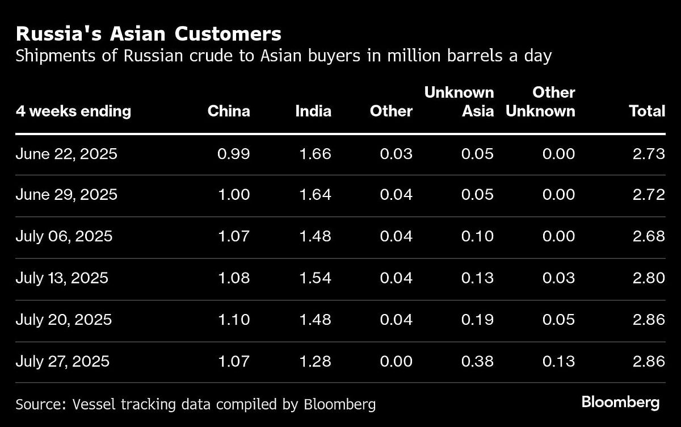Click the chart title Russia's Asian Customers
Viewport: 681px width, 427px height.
point(149,34)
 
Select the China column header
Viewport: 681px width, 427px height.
point(229,111)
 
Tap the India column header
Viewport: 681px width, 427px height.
point(313,111)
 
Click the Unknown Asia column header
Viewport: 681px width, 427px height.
point(459,102)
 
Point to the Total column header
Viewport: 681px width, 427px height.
point(647,111)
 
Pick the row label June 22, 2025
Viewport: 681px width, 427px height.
point(66,154)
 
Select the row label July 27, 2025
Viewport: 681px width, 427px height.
point(62,361)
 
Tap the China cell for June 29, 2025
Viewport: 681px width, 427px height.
point(234,195)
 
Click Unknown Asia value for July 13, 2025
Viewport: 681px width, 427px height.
point(477,278)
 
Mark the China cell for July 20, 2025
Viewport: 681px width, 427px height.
point(234,320)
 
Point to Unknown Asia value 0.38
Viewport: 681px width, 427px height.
point(477,361)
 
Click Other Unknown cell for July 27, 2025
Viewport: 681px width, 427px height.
point(558,361)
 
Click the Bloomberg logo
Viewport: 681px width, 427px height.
point(620,403)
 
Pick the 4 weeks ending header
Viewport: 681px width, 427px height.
point(73,111)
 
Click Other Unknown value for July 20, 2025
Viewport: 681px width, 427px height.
point(558,320)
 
